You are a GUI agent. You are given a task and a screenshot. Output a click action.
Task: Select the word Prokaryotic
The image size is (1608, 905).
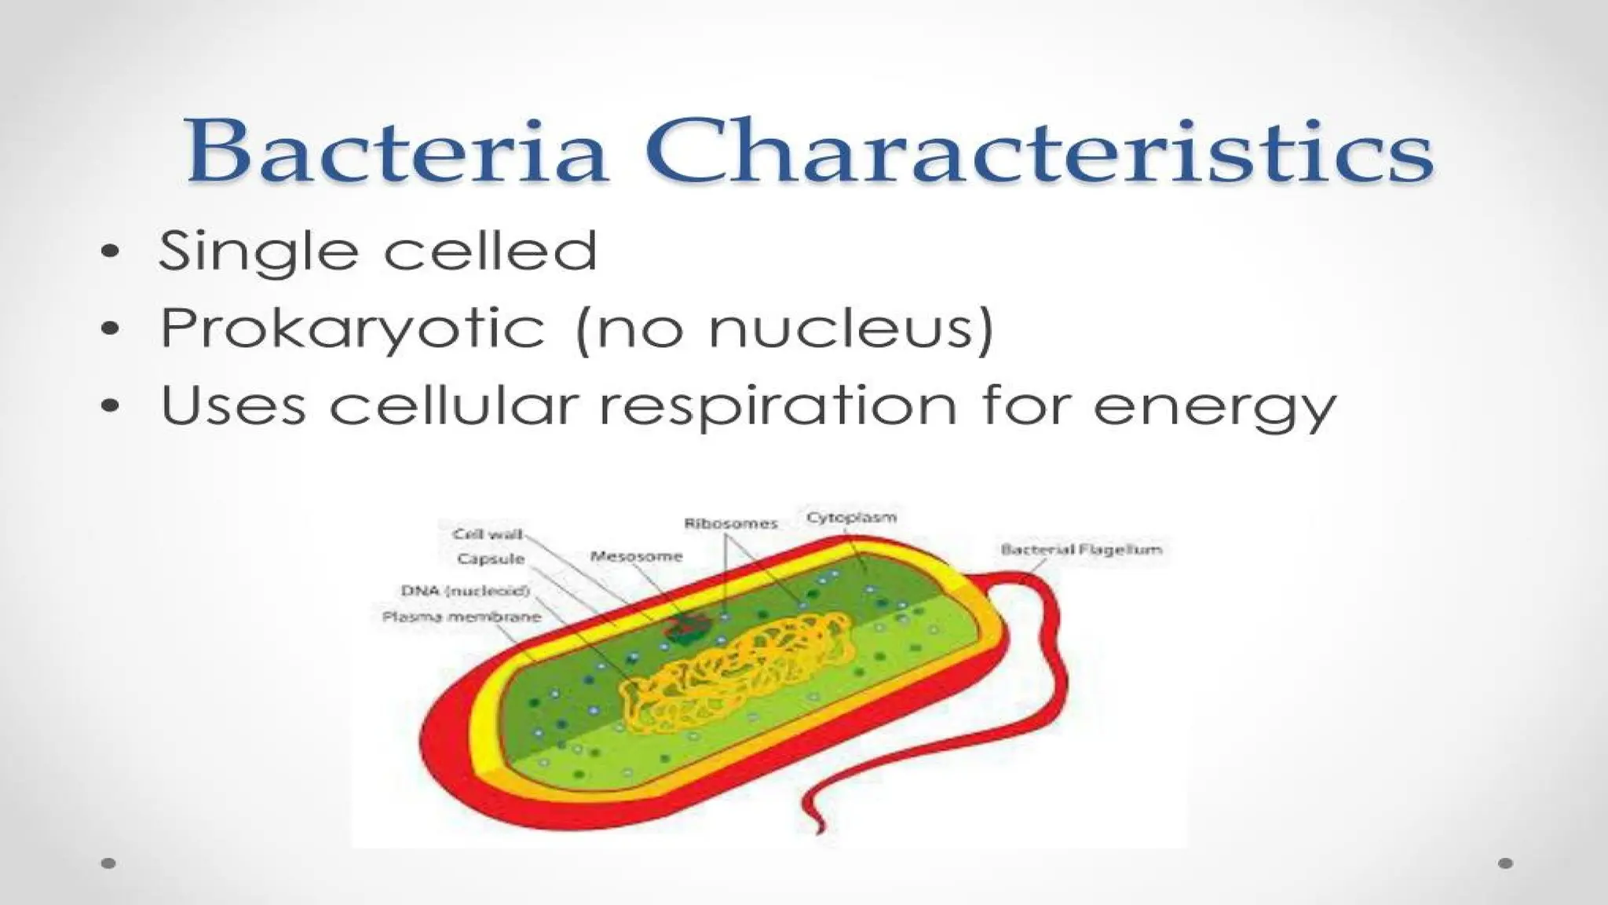[352, 329]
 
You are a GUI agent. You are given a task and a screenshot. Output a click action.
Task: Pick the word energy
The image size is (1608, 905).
[1214, 409]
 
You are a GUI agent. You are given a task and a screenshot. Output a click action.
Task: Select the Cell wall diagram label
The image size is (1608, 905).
[487, 534]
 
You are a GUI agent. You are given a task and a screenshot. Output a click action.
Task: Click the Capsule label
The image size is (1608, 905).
[490, 559]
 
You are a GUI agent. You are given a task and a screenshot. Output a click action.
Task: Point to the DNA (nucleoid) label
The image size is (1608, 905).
[465, 591]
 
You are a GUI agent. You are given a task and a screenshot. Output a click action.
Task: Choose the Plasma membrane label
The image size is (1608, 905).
[462, 617]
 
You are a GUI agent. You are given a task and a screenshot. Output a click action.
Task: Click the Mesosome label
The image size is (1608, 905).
[636, 556]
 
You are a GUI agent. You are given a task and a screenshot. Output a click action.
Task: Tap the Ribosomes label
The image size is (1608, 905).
[730, 523]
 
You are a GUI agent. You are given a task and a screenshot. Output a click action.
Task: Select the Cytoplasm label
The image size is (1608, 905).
[851, 517]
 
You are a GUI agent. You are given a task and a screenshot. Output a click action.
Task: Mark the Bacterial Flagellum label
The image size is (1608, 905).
[1080, 549]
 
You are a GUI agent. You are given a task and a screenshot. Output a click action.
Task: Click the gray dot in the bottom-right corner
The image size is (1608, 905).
[1505, 863]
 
